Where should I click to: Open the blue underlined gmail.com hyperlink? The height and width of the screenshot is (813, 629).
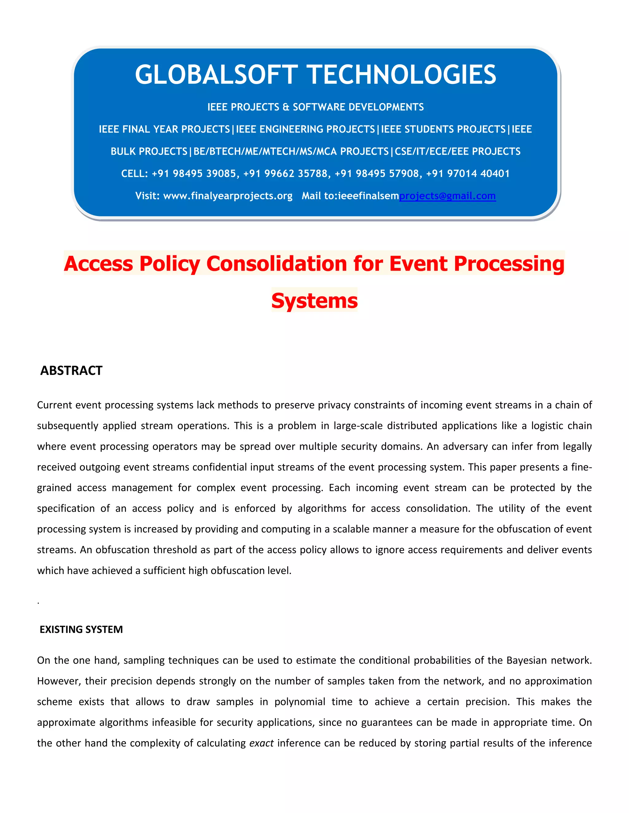pos(447,196)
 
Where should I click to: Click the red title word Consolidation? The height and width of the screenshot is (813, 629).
pos(276,264)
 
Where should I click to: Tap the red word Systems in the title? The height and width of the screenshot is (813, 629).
pos(314,300)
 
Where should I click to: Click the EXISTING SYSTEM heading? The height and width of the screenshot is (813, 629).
pos(81,630)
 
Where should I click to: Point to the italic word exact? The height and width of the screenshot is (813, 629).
pos(261,743)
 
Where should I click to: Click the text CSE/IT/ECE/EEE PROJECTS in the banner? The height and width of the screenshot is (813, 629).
pos(458,152)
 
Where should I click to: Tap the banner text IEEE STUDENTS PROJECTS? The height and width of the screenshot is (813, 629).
pos(443,129)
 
